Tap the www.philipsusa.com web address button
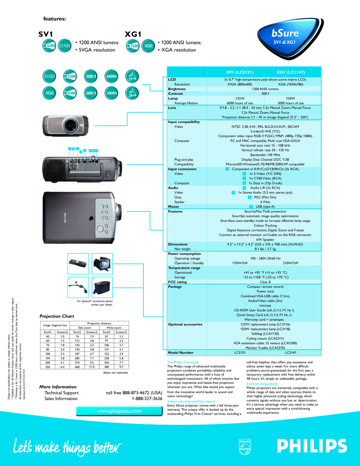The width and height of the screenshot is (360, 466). tap(119, 411)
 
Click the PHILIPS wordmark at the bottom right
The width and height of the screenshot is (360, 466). tap(312, 446)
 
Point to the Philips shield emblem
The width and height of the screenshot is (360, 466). tap(245, 447)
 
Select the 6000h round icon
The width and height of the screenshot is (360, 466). tap(112, 76)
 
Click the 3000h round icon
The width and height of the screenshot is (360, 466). tap(112, 93)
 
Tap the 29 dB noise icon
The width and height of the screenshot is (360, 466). tap(132, 93)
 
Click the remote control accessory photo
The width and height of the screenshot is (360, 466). tap(78, 264)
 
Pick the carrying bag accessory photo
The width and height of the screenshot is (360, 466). tap(102, 288)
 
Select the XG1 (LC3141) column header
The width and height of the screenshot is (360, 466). tap(290, 72)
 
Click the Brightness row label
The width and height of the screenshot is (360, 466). tap(177, 89)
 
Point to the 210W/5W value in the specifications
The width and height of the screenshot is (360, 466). tap(290, 263)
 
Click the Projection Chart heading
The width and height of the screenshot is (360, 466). tap(57, 316)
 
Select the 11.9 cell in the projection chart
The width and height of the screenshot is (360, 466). tap(92, 367)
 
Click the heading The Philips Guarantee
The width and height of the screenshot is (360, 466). tap(183, 362)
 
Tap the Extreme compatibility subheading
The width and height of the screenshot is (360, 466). tap(262, 384)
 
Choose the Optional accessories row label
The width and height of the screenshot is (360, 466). tap(185, 324)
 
